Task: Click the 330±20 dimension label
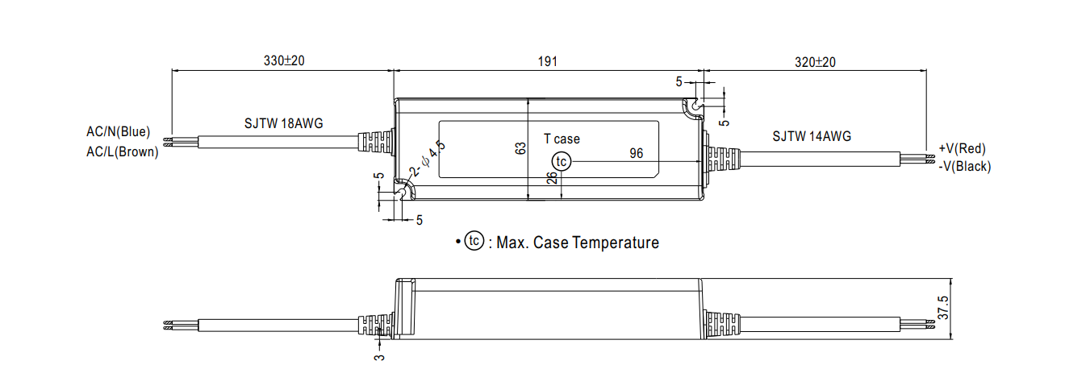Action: [284, 60]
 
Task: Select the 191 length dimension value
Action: [548, 62]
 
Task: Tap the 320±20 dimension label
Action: [815, 62]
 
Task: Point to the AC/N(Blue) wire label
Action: [119, 132]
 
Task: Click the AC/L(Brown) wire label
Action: [122, 152]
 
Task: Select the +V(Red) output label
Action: [962, 149]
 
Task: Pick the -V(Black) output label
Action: [964, 167]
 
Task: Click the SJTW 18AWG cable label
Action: [284, 123]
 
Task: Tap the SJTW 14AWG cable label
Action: [812, 137]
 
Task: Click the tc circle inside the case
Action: [561, 161]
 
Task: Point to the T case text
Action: [562, 139]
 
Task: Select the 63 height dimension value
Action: [520, 148]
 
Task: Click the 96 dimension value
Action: [636, 154]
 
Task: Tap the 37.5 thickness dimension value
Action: [943, 308]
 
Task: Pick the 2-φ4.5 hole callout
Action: [428, 159]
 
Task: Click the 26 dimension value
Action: [551, 178]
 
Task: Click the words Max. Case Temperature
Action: [578, 243]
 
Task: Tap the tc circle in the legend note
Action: [474, 241]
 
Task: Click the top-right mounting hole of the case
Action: [696, 105]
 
